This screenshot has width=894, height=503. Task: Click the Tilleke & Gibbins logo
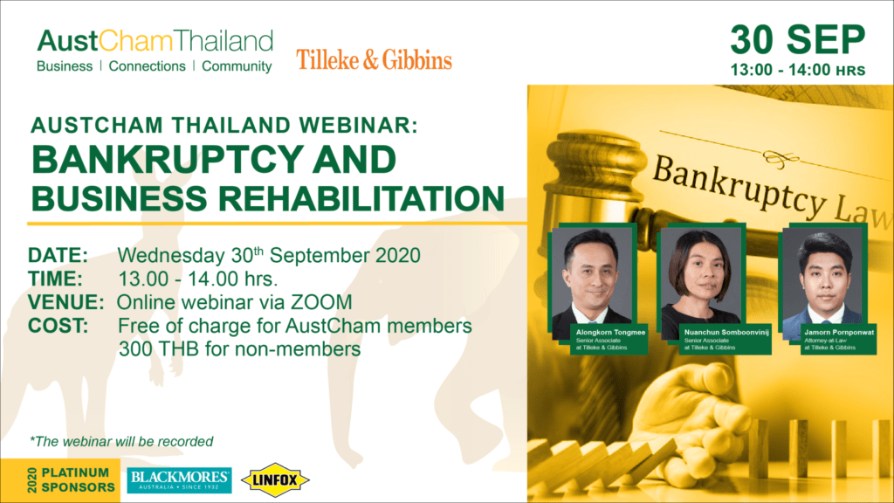[x=374, y=60]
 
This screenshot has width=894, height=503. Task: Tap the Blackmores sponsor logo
[x=179, y=480]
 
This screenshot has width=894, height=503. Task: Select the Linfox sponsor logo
[x=275, y=480]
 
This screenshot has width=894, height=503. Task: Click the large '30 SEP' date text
[x=798, y=40]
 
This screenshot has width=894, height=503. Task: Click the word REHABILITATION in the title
[x=361, y=198]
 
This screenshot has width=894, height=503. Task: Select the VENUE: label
[x=66, y=302]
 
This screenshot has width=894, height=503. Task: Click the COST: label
[x=58, y=327]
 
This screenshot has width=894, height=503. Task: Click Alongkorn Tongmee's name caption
[x=610, y=332]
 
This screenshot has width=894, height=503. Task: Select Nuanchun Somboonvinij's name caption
[x=726, y=332]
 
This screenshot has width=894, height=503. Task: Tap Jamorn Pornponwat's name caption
[x=839, y=332]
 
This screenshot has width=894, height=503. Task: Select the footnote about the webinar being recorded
[x=121, y=441]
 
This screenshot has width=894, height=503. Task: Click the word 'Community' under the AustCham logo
[x=237, y=66]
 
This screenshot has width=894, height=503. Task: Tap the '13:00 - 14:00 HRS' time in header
[x=798, y=70]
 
